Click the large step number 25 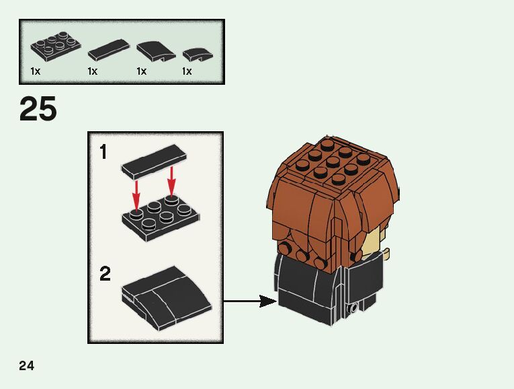tap(38, 109)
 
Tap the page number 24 tap(27, 366)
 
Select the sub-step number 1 tap(103, 153)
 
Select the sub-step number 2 tap(105, 274)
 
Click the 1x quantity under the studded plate tap(36, 71)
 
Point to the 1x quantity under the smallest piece tap(187, 71)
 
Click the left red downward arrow tap(136, 194)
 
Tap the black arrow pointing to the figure tap(249, 302)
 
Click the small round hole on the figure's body tap(353, 308)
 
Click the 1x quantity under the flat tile tap(93, 71)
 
